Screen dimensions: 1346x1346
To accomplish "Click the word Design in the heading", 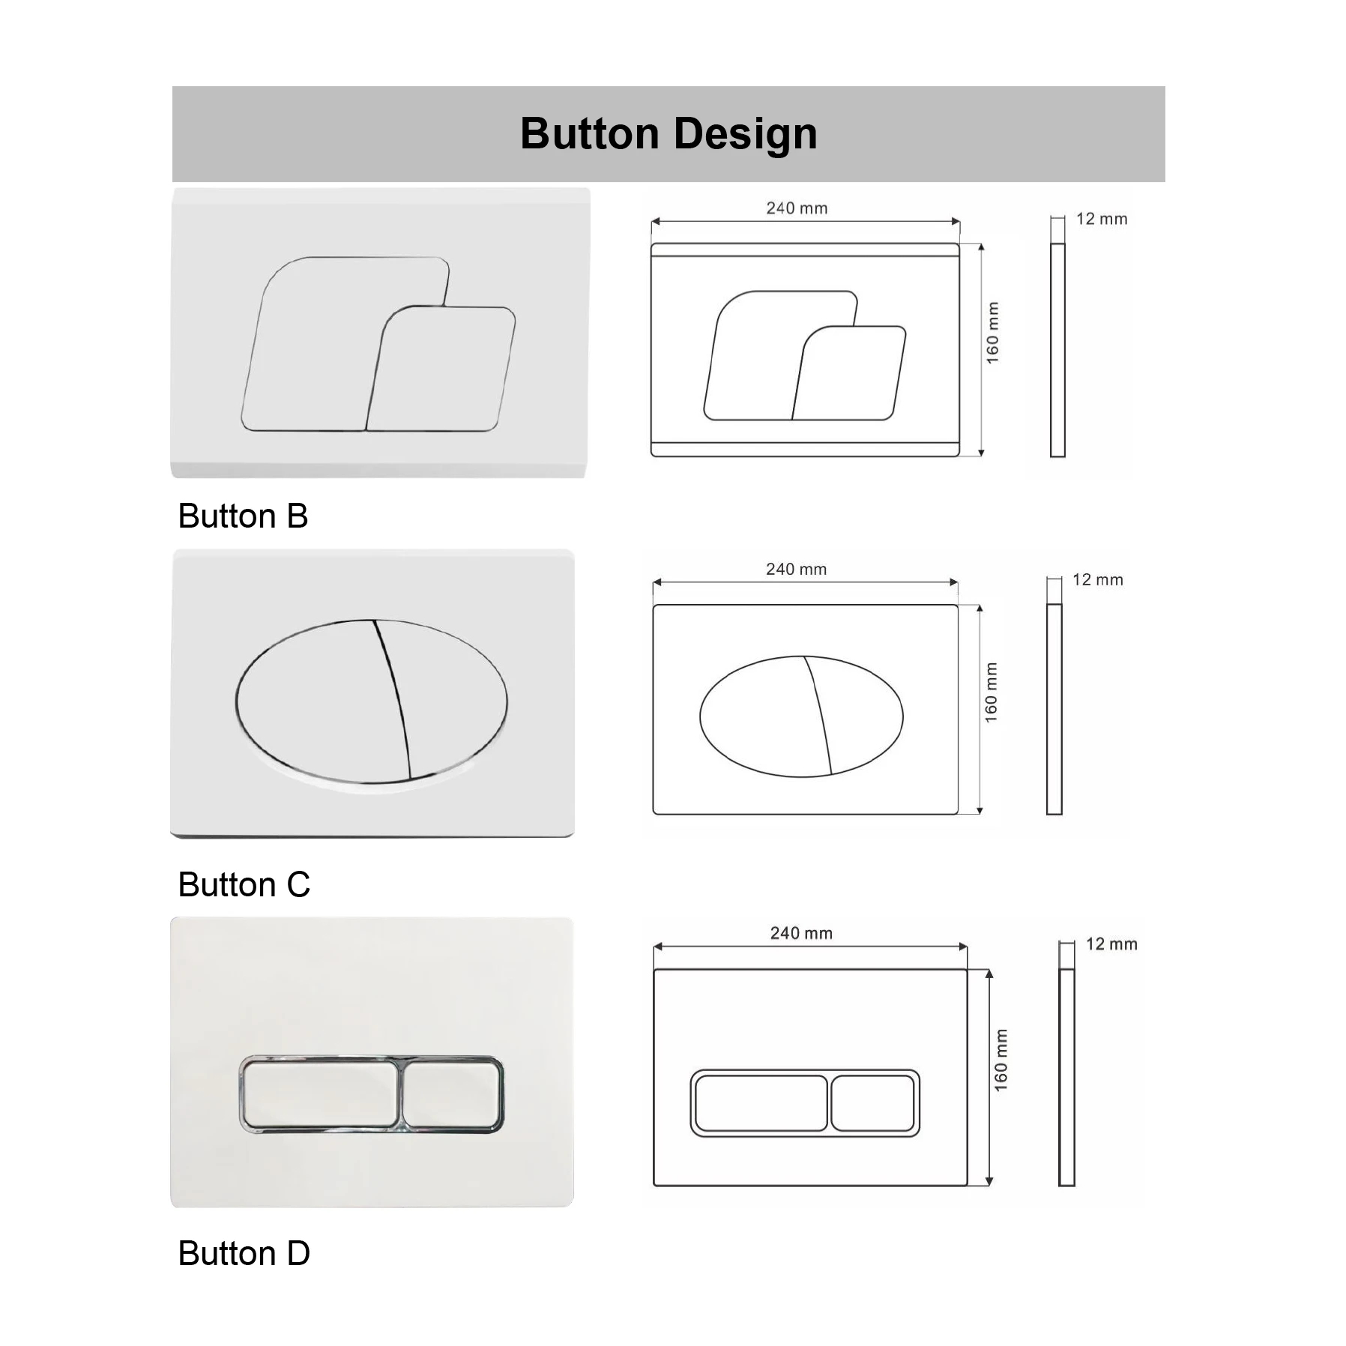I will click(745, 134).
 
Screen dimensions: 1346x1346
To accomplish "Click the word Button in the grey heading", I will click(590, 134).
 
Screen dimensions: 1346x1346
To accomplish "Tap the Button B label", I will click(243, 516).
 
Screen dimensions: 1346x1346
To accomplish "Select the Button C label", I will click(244, 885).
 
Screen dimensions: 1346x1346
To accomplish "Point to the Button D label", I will click(244, 1254).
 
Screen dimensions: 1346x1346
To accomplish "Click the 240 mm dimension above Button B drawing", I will click(797, 208).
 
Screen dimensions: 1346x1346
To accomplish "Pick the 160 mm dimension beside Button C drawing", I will click(992, 692).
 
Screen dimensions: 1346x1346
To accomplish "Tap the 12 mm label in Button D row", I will click(1111, 944).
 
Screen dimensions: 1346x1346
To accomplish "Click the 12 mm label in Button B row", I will click(1102, 219).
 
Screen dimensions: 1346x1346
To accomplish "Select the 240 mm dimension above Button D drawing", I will click(801, 933).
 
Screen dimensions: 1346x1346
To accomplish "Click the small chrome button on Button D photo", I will click(453, 1095).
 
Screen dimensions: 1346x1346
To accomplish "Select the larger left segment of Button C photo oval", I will click(315, 701).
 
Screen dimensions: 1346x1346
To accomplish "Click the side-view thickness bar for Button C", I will click(1054, 709).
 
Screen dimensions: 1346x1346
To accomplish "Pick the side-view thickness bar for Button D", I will click(1066, 1077).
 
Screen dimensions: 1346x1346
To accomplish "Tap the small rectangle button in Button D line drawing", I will click(873, 1103).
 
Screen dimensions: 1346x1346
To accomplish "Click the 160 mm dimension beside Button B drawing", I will click(992, 333).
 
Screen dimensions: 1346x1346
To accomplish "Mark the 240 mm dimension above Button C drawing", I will click(796, 569).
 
